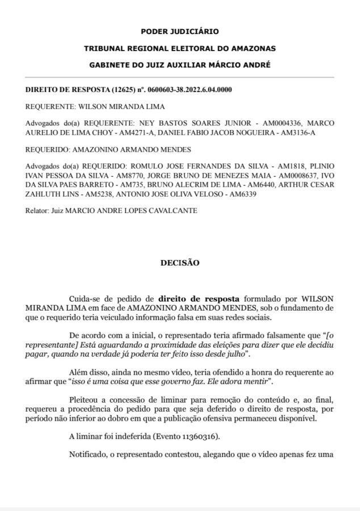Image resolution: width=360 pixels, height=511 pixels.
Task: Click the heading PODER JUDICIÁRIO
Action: point(179,32)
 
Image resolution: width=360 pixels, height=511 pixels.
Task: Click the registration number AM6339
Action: point(242,195)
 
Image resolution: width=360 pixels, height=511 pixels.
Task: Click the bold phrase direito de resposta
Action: point(198,298)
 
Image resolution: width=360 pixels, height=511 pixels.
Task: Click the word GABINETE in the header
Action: point(110,65)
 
